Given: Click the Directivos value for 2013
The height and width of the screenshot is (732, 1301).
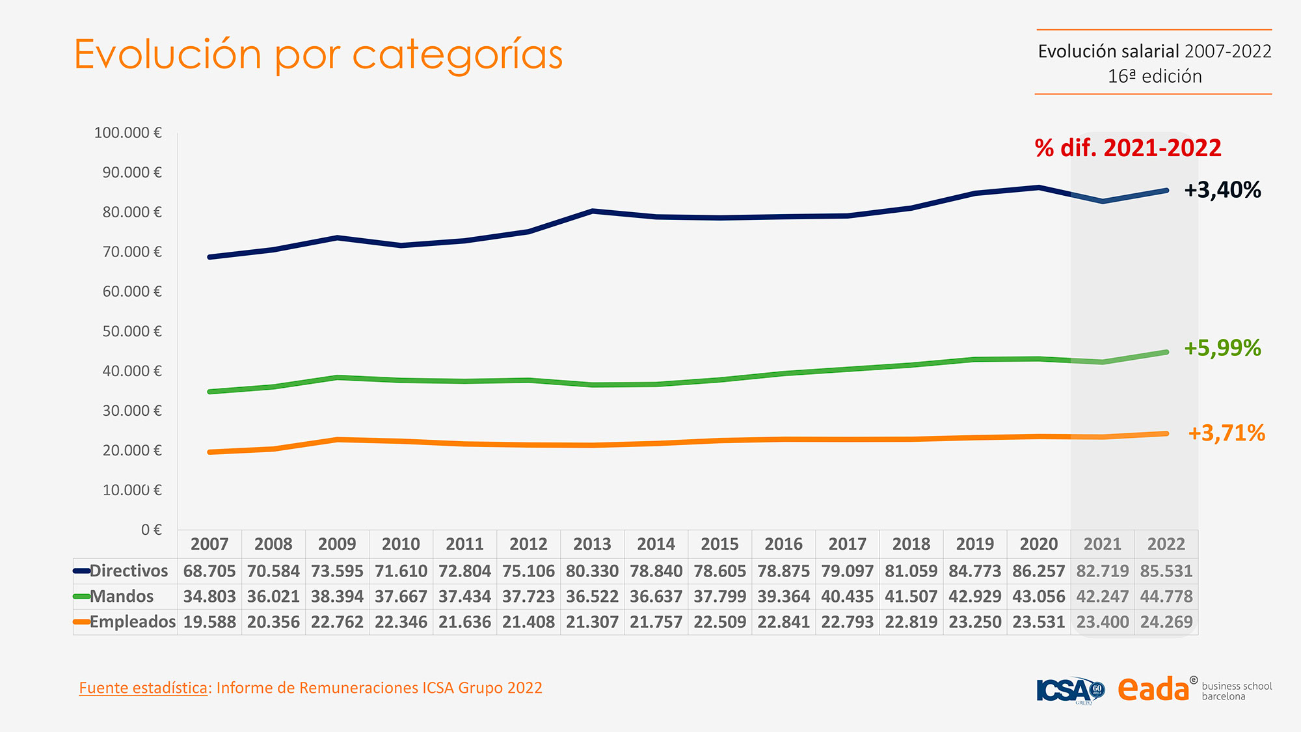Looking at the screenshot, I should pos(592,571).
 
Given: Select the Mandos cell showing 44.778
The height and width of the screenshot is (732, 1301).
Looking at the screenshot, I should pos(1166,597).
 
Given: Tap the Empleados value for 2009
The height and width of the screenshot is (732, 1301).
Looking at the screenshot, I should pos(337,622).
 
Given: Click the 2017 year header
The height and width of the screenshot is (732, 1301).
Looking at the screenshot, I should pos(847,544).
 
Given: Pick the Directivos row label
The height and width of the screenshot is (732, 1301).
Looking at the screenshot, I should pos(128,571).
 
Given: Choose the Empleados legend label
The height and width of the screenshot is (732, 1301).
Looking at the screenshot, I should pos(132,622).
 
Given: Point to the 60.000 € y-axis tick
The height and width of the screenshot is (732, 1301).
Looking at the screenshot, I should pos(132,291).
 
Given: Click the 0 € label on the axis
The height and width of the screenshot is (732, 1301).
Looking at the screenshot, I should pos(151,530).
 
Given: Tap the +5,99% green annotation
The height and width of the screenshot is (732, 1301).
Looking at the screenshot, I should pos(1222,348).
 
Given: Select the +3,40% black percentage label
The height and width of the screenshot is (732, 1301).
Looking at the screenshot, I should pos(1222,190).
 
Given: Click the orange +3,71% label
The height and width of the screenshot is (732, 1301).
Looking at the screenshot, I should pos(1226,433).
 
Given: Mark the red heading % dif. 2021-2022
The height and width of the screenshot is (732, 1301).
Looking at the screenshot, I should pos(1128,148).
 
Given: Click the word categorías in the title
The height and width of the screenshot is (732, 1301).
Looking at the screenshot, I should pos(457,55).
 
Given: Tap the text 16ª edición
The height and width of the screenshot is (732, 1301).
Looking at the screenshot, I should pos(1154,77).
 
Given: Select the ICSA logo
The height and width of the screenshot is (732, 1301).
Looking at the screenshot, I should pos(1069,690).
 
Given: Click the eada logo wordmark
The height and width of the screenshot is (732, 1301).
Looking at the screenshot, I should pos(1153,689).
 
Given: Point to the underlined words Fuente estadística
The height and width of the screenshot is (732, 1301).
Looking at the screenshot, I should pos(143,688).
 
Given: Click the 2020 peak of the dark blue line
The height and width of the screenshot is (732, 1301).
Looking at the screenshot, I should pos(1038,187).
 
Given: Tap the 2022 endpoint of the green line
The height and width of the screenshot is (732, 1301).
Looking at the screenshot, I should pos(1166,352).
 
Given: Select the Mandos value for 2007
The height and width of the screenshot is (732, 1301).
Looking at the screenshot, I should pos(209,597).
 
